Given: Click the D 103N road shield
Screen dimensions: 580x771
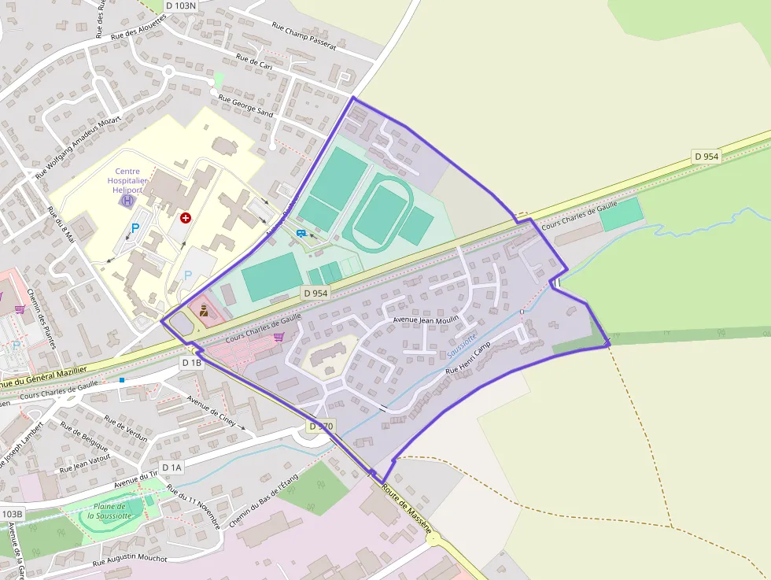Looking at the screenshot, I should (180, 6).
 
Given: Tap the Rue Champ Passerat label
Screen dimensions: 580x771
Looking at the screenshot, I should (303, 36).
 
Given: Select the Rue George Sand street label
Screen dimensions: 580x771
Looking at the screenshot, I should (245, 106).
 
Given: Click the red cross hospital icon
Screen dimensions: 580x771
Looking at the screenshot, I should (186, 217).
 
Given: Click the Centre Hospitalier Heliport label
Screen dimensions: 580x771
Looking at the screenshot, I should (127, 180).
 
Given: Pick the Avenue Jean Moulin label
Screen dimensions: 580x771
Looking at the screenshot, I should (425, 320).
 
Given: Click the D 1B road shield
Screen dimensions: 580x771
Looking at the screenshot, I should (192, 363).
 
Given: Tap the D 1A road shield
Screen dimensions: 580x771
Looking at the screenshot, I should (172, 467).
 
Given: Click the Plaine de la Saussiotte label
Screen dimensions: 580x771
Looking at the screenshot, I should (115, 511).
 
